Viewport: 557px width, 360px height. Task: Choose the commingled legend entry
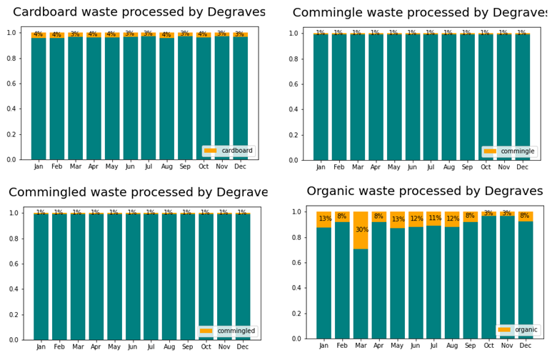228,331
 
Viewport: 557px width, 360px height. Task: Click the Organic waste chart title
425,191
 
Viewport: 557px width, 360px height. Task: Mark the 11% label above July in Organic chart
435,219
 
